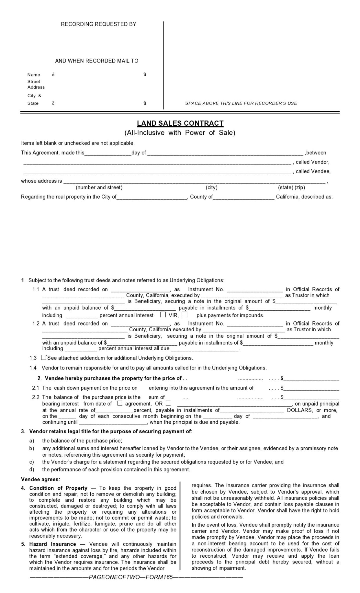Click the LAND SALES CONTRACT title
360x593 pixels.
(180, 123)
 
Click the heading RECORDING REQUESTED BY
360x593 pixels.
(98, 24)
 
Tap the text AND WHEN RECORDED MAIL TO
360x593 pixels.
(97, 61)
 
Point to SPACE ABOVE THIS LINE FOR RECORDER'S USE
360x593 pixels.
(241, 103)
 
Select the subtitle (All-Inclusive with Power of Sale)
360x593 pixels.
(180, 133)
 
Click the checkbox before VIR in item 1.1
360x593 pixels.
(163, 314)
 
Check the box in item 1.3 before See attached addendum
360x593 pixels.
(44, 358)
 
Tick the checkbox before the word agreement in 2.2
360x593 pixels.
(120, 403)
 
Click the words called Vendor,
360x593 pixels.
(313, 162)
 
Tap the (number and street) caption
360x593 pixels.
(99, 188)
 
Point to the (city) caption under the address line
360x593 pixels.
(211, 188)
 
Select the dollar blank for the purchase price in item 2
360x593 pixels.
(311, 379)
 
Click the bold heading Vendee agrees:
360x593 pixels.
(41, 479)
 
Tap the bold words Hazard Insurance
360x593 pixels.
(53, 544)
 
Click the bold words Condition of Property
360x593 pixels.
(58, 488)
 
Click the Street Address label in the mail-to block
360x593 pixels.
(36, 85)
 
